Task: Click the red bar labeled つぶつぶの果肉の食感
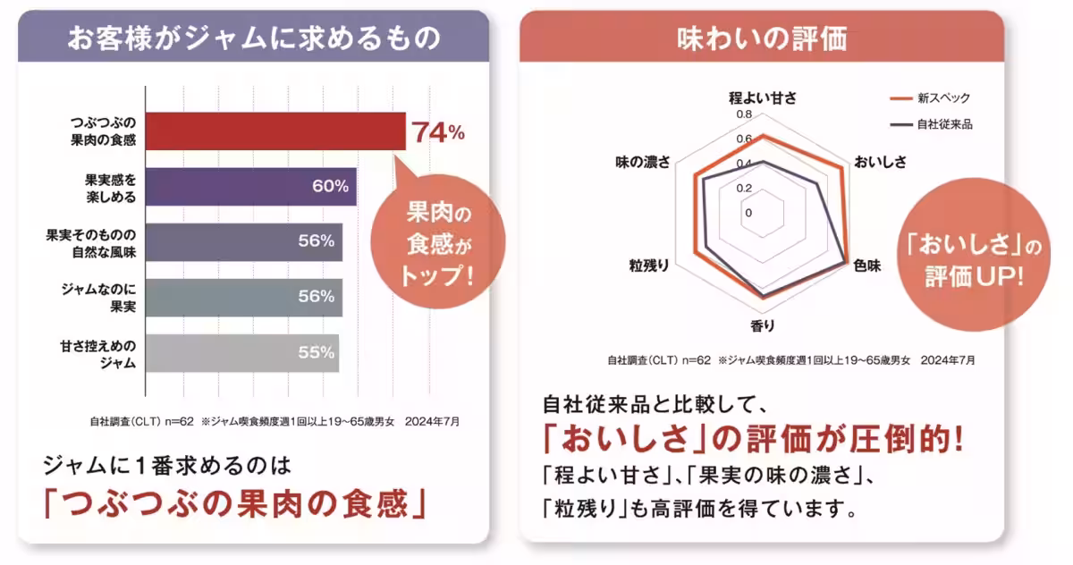(275, 131)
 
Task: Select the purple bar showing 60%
(250, 186)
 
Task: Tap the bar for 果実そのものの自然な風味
(243, 240)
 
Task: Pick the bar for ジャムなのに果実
(243, 296)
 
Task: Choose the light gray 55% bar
(241, 352)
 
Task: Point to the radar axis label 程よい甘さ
(762, 97)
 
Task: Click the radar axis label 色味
(866, 266)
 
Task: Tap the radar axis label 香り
(763, 326)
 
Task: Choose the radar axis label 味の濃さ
(643, 162)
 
